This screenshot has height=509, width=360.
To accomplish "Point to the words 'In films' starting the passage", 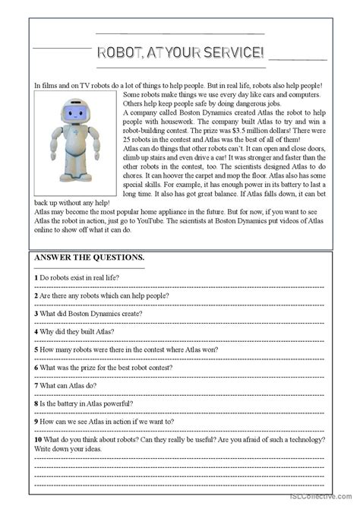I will [x=48, y=85].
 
